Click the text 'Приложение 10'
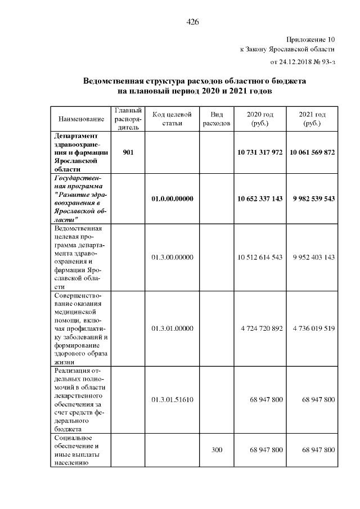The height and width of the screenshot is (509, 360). tap(310, 39)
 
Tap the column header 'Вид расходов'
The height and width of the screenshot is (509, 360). tap(217, 119)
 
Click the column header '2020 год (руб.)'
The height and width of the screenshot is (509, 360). tap(260, 119)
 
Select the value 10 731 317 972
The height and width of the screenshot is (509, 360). tap(260, 152)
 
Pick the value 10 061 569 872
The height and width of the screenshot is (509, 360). tap(312, 152)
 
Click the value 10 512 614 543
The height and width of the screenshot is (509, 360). tap(260, 257)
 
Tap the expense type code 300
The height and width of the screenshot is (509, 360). tap(217, 450)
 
